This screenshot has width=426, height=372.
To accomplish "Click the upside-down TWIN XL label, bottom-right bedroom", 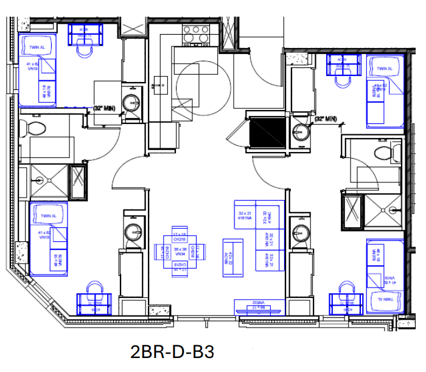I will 382,299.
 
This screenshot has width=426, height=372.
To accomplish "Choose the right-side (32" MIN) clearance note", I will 326,119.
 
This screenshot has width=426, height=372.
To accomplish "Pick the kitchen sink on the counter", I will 164,82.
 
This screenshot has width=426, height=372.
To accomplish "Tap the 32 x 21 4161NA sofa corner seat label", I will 245,214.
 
